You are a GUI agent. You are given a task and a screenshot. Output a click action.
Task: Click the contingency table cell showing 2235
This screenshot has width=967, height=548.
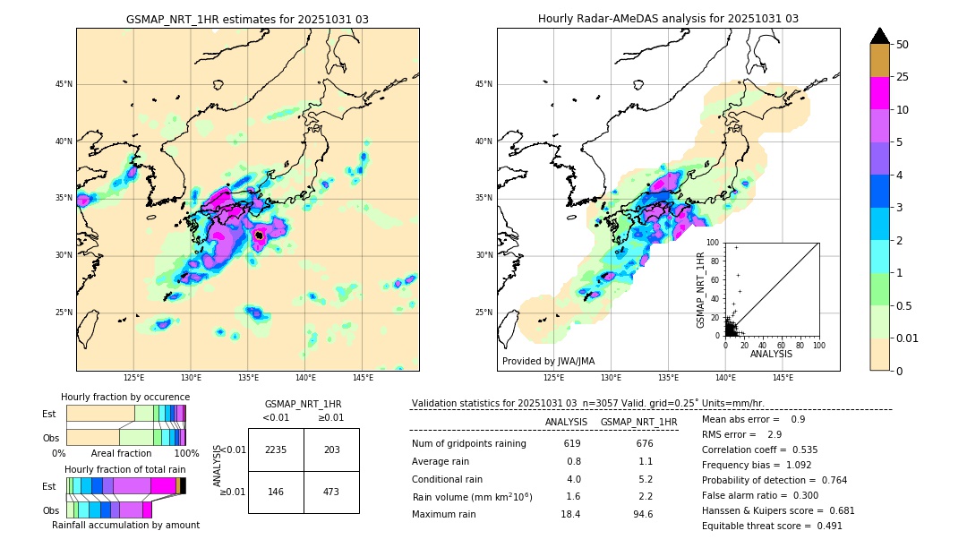[276, 450]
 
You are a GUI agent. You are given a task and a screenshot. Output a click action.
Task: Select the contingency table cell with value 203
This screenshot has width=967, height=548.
[331, 450]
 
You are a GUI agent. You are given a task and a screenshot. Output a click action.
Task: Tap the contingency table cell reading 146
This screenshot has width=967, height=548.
[276, 492]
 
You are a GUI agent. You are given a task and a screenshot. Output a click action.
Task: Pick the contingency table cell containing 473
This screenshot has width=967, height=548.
[331, 492]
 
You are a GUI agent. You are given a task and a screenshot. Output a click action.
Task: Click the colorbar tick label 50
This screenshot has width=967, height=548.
[903, 44]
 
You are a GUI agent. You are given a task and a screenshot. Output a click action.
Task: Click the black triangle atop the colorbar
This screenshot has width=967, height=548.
[879, 36]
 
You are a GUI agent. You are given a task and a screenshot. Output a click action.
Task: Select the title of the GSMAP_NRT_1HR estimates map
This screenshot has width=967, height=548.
[247, 19]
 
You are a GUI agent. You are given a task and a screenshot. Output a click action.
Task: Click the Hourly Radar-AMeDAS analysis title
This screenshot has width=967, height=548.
[668, 19]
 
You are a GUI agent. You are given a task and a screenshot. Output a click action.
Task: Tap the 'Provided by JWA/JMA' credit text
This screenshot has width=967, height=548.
[548, 361]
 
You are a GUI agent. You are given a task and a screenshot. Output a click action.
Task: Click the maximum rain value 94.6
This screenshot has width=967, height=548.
[643, 514]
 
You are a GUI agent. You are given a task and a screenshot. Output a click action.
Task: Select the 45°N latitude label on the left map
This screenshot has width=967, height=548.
[63, 84]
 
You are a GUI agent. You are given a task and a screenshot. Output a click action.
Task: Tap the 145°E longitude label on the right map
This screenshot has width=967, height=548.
[783, 379]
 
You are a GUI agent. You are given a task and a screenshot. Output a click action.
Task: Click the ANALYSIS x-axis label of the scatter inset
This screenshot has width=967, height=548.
[771, 354]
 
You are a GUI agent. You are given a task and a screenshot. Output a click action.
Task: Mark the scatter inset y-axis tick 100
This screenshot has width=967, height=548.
[713, 242]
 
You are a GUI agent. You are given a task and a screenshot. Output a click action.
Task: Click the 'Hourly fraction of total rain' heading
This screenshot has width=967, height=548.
[124, 469]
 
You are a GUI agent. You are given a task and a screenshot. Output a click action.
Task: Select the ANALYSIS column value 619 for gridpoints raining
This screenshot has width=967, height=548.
[572, 444]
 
